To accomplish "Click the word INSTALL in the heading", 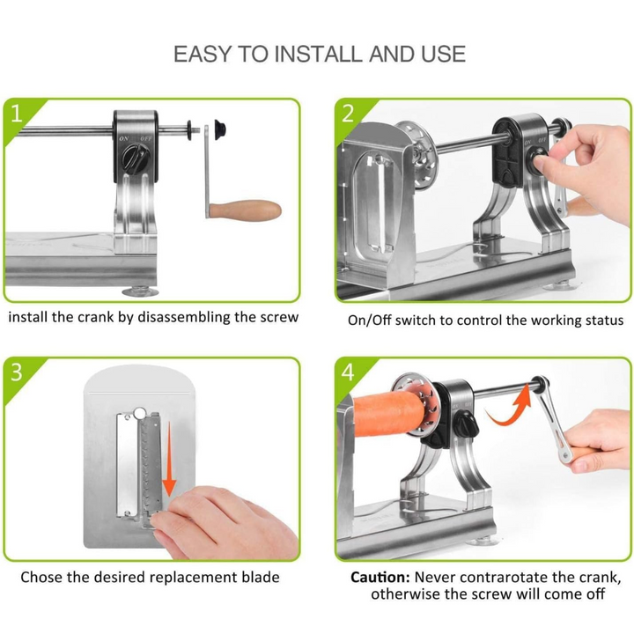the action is point(320,55).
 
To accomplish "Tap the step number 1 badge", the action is point(16,114).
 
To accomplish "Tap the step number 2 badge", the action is point(348,114).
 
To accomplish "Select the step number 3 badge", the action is point(16,372).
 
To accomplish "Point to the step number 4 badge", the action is point(348,372).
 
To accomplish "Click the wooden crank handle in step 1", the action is point(245,210).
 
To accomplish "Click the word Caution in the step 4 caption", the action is point(380,577).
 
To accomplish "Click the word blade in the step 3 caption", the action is point(261,577).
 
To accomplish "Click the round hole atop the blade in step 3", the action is point(139,413).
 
